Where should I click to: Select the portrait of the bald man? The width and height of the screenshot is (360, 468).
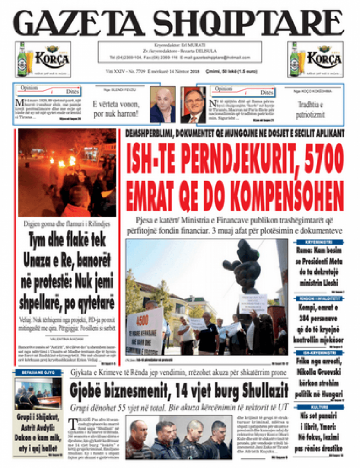pyautogui.click(x=162, y=105)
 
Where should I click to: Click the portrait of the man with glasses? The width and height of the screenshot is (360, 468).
pyautogui.click(x=193, y=105)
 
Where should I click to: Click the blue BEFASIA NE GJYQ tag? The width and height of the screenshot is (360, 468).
pyautogui.click(x=38, y=372)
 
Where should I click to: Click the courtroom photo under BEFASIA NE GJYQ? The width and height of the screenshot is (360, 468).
pyautogui.click(x=38, y=394)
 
